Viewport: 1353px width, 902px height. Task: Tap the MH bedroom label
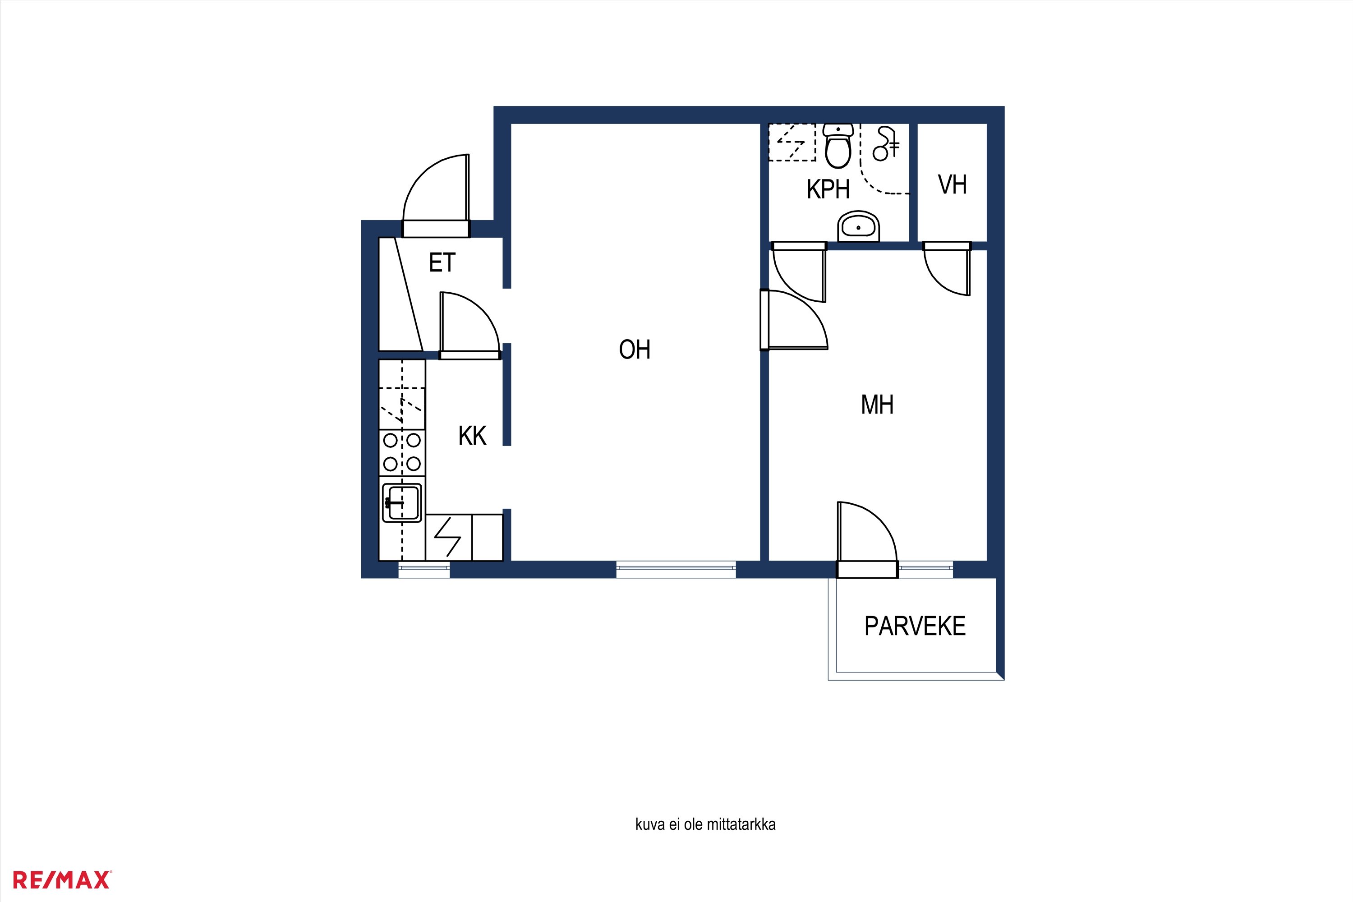tap(877, 405)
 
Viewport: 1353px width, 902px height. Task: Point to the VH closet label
tap(952, 184)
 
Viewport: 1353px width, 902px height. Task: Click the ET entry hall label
tap(442, 263)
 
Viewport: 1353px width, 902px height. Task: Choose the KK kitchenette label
tap(472, 436)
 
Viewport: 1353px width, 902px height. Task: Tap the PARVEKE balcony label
tap(915, 626)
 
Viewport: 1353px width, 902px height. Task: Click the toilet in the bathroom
tap(838, 146)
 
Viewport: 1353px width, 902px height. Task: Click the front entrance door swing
tap(436, 196)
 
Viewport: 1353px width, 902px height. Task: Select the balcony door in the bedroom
tap(867, 539)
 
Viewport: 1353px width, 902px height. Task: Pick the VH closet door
tap(947, 269)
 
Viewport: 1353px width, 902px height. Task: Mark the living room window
tap(676, 570)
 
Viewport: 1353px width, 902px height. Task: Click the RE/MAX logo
tap(61, 880)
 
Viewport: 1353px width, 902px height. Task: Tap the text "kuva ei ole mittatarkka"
tap(705, 824)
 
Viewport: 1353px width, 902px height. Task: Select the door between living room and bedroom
tap(794, 320)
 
